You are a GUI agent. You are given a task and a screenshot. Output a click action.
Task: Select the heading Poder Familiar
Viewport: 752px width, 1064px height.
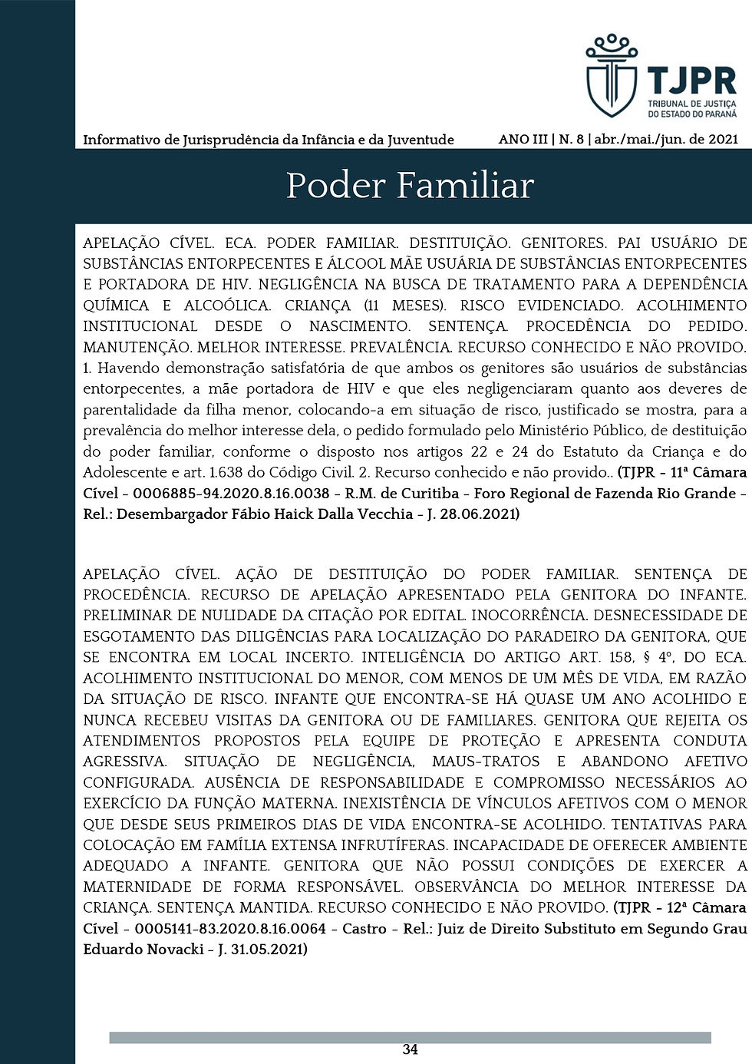(410, 186)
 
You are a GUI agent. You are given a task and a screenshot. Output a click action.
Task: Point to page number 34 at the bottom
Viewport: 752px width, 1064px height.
(410, 1049)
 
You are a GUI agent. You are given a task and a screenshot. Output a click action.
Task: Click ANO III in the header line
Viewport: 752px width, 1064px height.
(523, 139)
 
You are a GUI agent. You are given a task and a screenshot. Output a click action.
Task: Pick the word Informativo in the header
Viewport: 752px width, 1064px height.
(119, 140)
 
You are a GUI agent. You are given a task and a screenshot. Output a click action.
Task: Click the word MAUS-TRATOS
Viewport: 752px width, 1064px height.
(486, 762)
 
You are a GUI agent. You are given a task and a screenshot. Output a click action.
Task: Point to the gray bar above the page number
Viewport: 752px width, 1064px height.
(410, 1038)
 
